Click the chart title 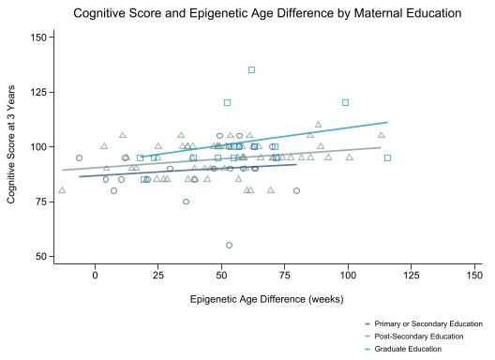click(x=267, y=13)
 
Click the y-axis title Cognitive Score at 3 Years click(x=11, y=144)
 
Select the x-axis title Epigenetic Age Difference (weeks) click(x=267, y=299)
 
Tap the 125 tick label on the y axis click(x=38, y=92)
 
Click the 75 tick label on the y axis click(x=41, y=202)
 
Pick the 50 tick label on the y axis click(x=41, y=257)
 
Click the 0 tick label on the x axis click(x=95, y=276)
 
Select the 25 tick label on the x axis click(x=158, y=276)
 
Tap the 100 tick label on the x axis click(x=348, y=276)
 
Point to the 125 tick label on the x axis click(x=412, y=276)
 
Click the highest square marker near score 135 click(x=251, y=69)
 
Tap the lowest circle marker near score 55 click(x=229, y=245)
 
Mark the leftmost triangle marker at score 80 click(x=62, y=189)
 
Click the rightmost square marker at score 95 click(x=388, y=157)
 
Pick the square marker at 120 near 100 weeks click(x=345, y=102)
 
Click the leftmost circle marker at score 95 click(x=80, y=157)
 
